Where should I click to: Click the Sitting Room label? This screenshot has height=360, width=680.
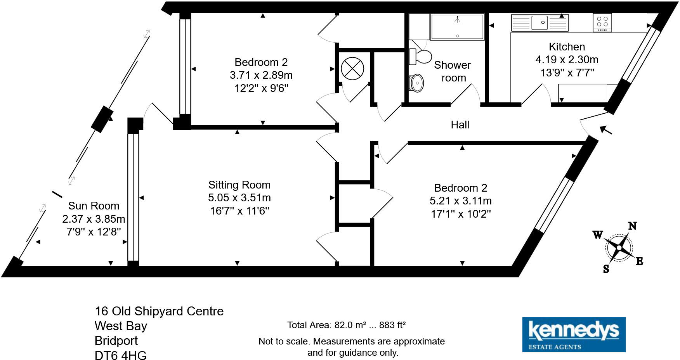tap(239, 185)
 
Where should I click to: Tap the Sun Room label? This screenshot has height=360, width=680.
tap(94, 206)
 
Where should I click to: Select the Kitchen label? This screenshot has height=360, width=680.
tap(567, 47)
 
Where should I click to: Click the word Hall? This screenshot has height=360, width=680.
tap(460, 125)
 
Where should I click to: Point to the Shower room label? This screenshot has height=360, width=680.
tap(453, 71)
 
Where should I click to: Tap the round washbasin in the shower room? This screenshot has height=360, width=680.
tap(417, 83)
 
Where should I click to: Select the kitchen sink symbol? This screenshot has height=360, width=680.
tap(539, 22)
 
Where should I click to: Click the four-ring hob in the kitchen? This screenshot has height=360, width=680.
tap(602, 22)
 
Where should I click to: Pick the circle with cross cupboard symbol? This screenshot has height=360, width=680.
tap(352, 69)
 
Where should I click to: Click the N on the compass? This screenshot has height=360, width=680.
tap(632, 226)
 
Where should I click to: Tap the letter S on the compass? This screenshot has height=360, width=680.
tap(606, 269)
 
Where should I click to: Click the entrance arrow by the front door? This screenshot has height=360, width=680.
tap(605, 130)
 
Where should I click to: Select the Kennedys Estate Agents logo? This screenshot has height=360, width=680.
tap(574, 334)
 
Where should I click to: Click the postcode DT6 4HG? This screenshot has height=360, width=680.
tap(121, 355)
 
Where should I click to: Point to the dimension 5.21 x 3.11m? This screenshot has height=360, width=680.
tap(460, 201)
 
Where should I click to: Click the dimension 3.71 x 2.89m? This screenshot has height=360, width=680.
tap(261, 75)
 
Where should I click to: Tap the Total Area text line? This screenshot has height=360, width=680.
tap(346, 325)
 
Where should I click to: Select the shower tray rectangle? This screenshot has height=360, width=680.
tap(457, 26)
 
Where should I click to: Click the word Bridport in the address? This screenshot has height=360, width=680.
tap(116, 341)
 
